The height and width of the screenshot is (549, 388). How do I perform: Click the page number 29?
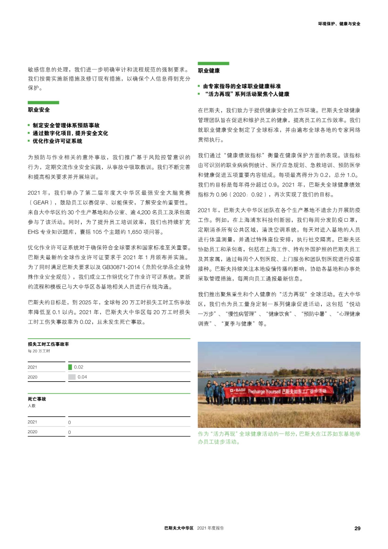click(x=357, y=528)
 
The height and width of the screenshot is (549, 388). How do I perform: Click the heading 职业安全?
click(x=39, y=110)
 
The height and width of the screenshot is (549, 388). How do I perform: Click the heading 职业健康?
click(x=209, y=71)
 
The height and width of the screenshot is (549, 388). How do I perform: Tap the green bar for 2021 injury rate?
click(x=70, y=367)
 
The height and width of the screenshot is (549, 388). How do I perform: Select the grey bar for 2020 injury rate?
click(x=72, y=377)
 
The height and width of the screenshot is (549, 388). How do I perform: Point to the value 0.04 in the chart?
click(x=82, y=377)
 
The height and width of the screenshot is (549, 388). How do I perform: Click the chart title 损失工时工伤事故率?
click(x=48, y=344)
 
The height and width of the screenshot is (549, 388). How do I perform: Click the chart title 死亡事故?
click(x=37, y=399)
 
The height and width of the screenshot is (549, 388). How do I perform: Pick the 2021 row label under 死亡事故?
click(x=32, y=422)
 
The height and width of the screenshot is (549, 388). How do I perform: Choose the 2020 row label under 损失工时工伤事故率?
click(x=33, y=377)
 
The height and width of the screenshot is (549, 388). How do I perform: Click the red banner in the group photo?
click(x=278, y=391)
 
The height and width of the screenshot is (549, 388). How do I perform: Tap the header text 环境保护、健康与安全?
click(x=339, y=24)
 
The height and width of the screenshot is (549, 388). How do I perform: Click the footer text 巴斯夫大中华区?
click(x=179, y=528)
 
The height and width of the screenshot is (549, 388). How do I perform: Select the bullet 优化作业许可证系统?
click(x=57, y=141)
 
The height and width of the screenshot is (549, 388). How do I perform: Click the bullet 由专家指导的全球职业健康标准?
click(x=242, y=86)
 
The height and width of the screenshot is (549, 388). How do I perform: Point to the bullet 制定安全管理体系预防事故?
click(x=66, y=125)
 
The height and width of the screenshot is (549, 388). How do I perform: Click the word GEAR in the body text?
click(x=41, y=202)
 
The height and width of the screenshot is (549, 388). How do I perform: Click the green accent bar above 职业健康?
click(x=213, y=63)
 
